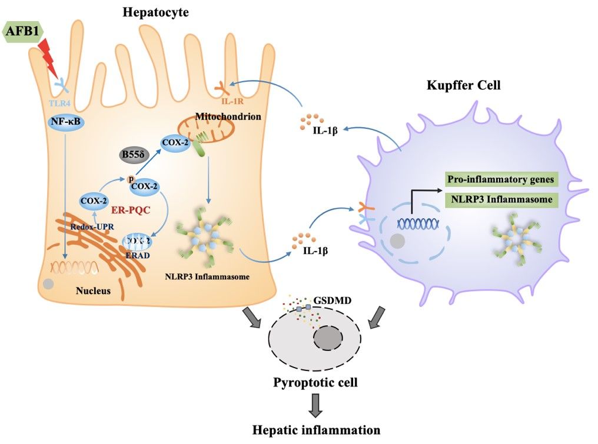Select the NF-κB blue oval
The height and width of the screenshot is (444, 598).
tap(65, 123)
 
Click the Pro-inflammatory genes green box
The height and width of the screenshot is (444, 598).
tap(500, 179)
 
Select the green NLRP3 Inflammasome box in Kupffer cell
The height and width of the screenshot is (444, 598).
tap(500, 199)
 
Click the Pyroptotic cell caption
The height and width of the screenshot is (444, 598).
tap(316, 383)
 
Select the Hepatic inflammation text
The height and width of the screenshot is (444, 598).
tap(316, 430)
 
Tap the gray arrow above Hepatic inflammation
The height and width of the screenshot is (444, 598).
tap(317, 405)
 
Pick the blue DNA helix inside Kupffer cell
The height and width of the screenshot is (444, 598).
tap(418, 223)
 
